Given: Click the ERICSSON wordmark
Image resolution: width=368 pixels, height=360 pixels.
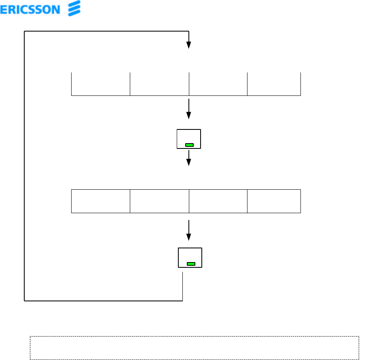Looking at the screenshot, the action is tap(30, 9).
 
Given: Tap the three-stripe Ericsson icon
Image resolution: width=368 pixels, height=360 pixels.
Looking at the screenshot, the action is tap(73, 8).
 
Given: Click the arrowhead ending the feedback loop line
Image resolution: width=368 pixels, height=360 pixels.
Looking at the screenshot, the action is tap(188, 45).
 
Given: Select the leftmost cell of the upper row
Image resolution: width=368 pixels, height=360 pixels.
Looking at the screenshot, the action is tap(101, 84).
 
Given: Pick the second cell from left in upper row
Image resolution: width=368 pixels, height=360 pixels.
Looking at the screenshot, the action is tap(159, 84).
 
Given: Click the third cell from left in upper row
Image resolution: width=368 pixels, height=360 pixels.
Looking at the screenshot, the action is tap(218, 84).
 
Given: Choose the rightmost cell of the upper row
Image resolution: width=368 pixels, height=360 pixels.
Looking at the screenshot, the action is tap(274, 84).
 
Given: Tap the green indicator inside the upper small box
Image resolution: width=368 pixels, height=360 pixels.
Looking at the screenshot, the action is tap(189, 145).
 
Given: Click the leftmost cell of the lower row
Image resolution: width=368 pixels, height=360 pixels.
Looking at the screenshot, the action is tap(101, 201).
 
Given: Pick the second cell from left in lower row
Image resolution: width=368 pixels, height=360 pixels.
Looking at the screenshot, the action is tap(159, 201).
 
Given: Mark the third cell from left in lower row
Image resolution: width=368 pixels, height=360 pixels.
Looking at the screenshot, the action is tap(218, 201).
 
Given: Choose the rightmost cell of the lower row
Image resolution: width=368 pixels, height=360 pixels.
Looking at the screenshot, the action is tap(274, 201).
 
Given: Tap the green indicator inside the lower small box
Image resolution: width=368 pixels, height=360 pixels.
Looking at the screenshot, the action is tap(191, 264).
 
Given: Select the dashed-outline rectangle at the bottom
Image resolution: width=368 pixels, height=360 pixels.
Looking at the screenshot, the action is tap(195, 347).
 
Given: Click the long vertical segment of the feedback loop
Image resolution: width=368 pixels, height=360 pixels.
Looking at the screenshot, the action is tap(25, 166).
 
